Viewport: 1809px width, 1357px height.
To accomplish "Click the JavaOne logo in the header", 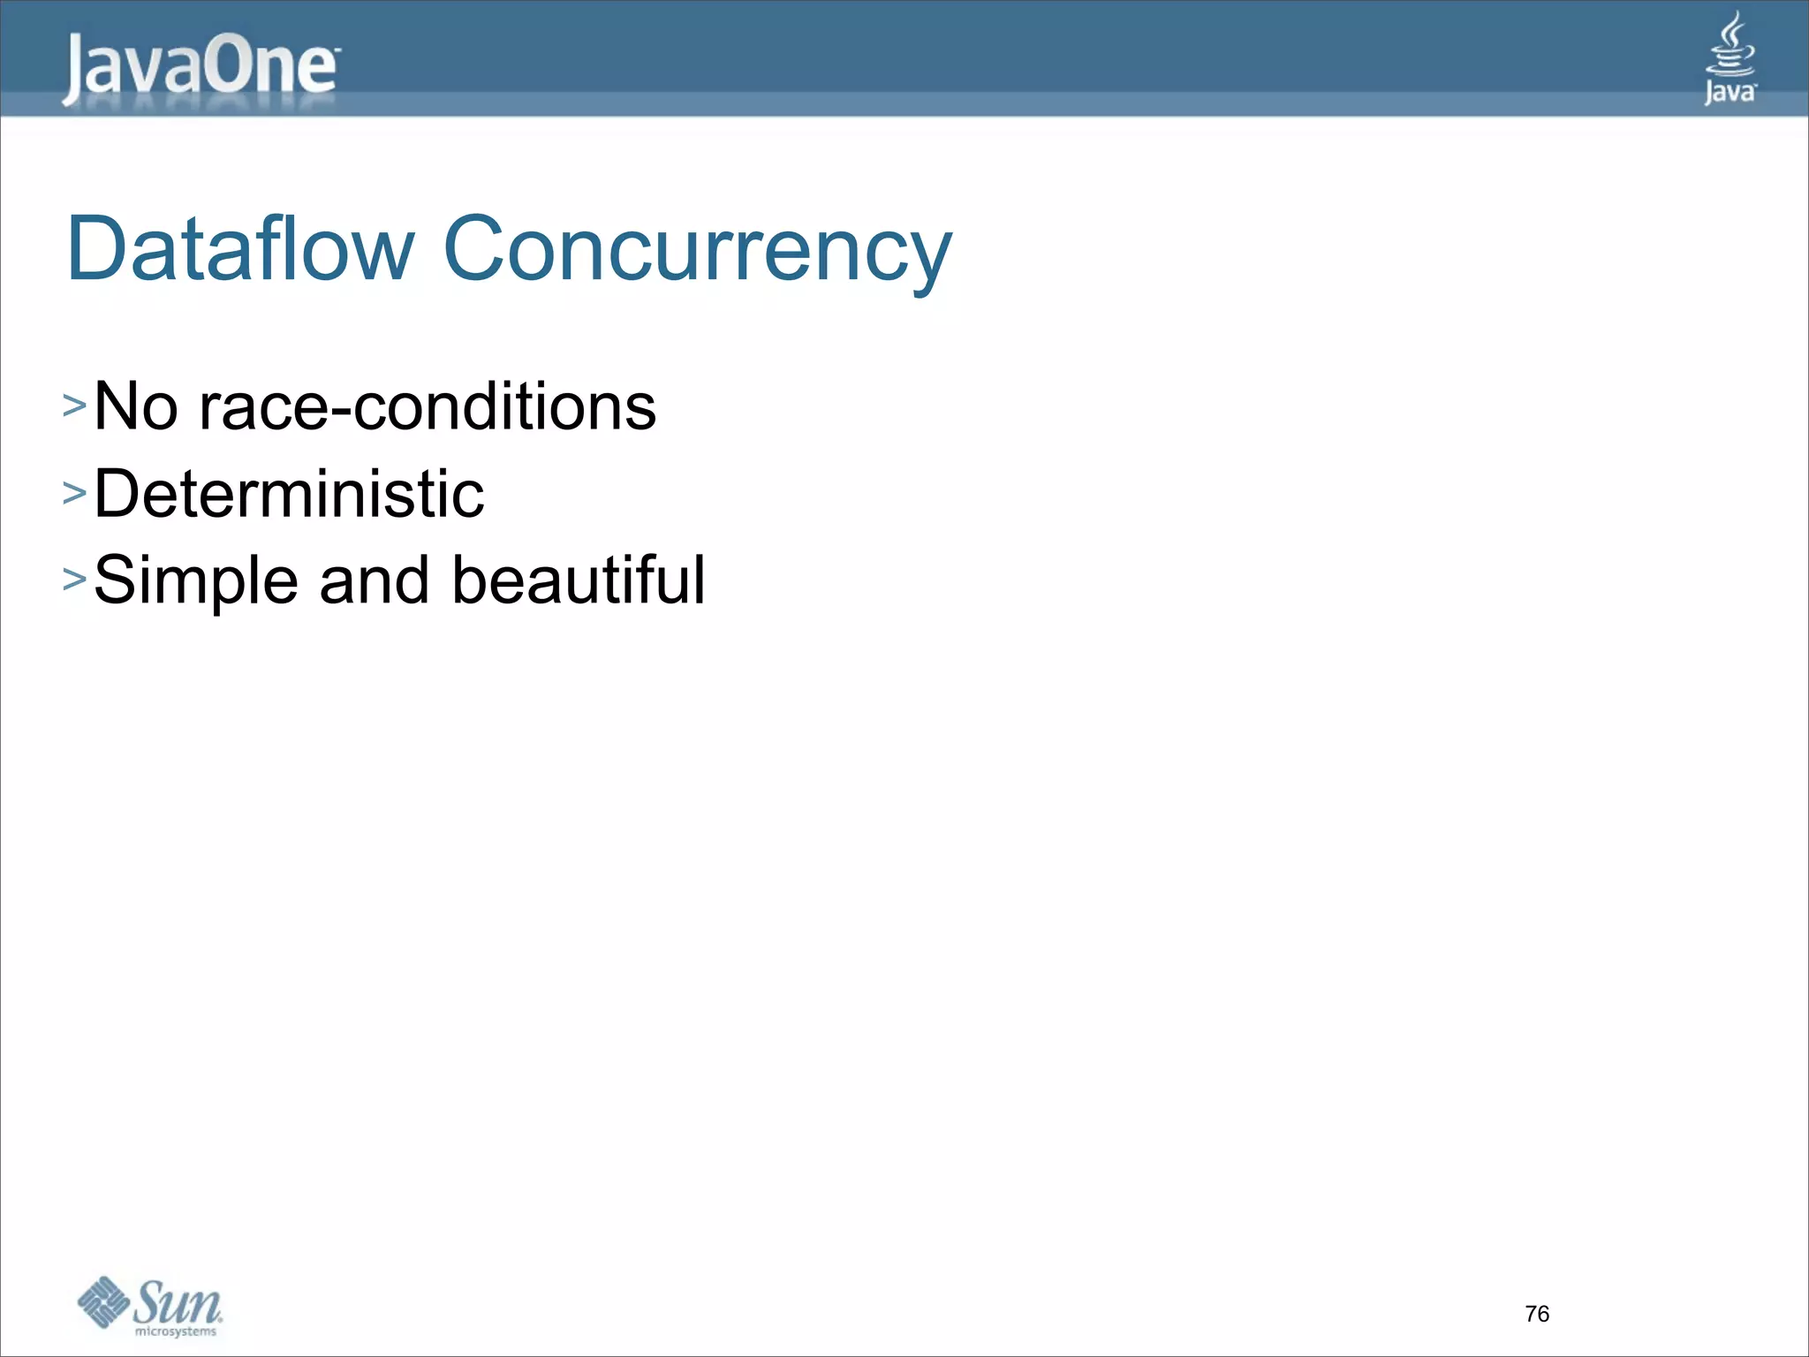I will click(200, 69).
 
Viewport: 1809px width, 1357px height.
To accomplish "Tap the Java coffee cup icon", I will click(1730, 44).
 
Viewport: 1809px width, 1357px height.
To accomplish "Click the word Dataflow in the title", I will click(240, 249).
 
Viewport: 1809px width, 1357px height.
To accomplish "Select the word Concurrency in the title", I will click(698, 251).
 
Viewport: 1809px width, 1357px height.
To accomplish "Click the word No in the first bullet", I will click(136, 406).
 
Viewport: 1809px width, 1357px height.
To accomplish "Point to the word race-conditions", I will click(428, 406).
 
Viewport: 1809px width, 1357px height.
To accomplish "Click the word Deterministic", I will click(289, 493).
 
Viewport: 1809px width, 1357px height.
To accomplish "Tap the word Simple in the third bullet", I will click(196, 581).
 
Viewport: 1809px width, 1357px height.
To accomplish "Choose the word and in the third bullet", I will click(375, 581).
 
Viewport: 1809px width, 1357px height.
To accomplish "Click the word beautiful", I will click(579, 580).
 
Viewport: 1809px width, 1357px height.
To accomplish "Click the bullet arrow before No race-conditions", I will click(74, 406).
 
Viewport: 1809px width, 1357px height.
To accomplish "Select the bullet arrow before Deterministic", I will click(74, 493).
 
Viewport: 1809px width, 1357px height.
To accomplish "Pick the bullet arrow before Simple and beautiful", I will click(74, 580).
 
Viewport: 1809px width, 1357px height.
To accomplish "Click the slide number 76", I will click(1537, 1314).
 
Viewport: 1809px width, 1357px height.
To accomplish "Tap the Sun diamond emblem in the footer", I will click(104, 1302).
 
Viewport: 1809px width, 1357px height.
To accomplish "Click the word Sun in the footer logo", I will click(178, 1301).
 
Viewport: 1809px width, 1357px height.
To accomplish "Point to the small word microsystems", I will click(176, 1331).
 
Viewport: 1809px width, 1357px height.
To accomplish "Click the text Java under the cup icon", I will click(1730, 92).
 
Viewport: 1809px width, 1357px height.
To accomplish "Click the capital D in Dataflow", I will click(94, 249).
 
